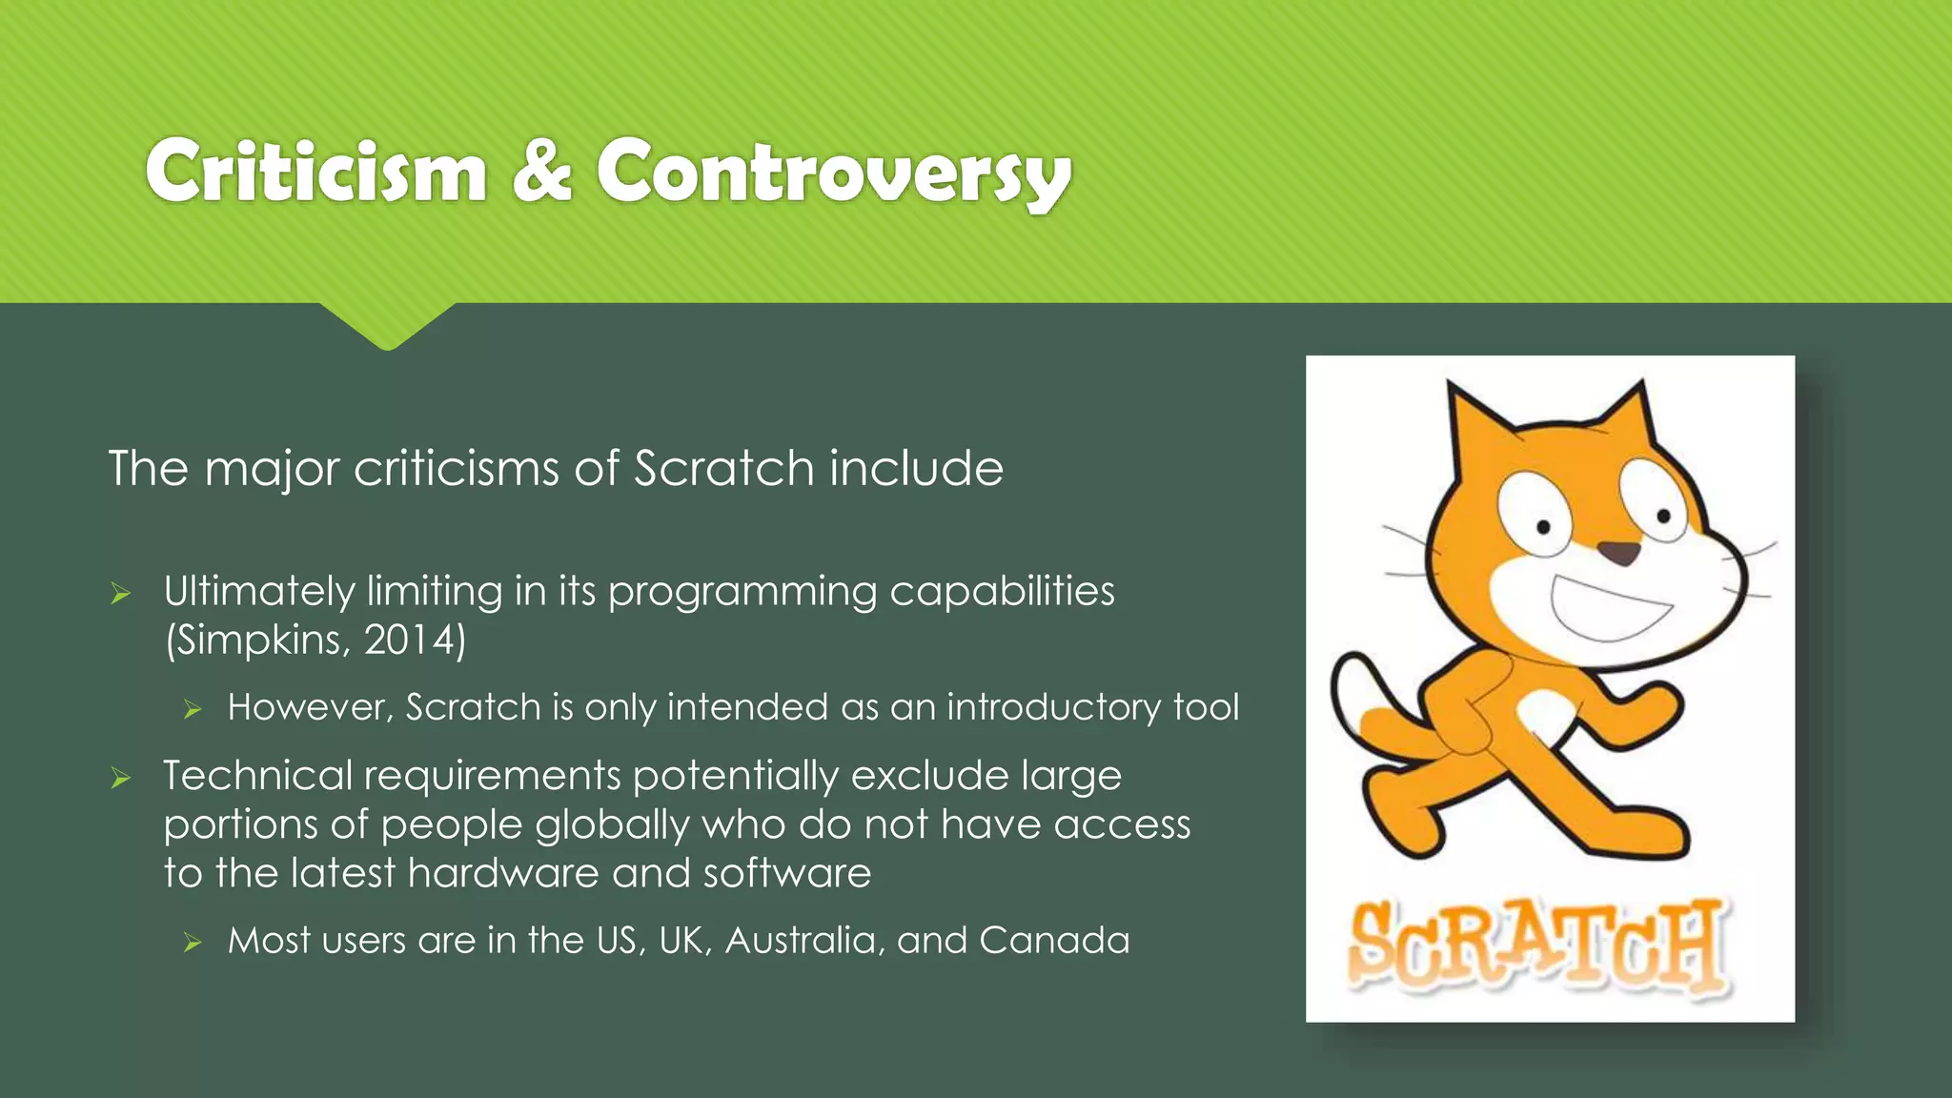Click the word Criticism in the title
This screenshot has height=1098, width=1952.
pyautogui.click(x=315, y=172)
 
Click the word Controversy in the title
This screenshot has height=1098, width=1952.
pyautogui.click(x=834, y=173)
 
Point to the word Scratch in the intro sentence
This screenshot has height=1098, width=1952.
pyautogui.click(x=723, y=468)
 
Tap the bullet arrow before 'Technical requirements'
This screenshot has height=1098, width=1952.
pyautogui.click(x=120, y=779)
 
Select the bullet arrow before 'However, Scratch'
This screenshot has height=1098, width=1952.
pyautogui.click(x=193, y=709)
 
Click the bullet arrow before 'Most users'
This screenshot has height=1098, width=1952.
pyautogui.click(x=193, y=943)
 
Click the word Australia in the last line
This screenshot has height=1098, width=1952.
pyautogui.click(x=800, y=941)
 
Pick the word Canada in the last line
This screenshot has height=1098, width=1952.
pyautogui.click(x=1053, y=941)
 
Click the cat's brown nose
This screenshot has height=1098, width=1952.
pyautogui.click(x=1617, y=552)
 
